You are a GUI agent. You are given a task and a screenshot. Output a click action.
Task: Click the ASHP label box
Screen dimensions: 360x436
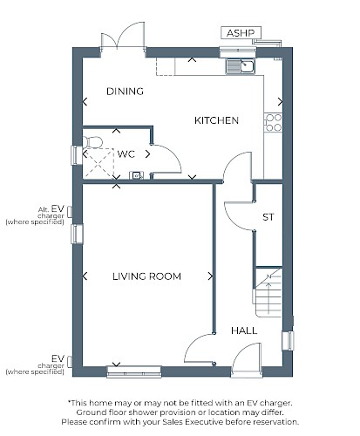tap(241, 33)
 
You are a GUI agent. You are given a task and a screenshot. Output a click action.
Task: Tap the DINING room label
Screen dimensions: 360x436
tap(125, 92)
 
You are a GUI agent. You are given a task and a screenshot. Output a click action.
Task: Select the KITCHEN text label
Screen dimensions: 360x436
tap(216, 120)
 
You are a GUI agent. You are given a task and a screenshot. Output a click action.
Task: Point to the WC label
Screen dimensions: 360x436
tap(126, 153)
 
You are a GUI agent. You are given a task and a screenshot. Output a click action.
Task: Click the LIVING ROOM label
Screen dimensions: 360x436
tap(146, 276)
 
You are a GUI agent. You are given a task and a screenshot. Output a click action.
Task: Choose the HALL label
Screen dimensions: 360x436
tap(244, 330)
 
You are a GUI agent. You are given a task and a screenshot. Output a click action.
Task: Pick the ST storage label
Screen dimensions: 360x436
tap(268, 217)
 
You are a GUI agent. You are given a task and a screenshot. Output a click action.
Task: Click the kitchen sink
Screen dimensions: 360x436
tap(240, 66)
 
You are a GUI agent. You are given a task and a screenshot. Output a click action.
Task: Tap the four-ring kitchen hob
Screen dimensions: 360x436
tap(273, 122)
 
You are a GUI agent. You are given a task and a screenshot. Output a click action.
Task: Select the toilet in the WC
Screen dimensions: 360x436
tap(92, 142)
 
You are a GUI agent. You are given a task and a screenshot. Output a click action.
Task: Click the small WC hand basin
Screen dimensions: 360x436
tap(136, 175)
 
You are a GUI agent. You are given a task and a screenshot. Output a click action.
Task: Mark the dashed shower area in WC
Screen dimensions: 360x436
tap(98, 163)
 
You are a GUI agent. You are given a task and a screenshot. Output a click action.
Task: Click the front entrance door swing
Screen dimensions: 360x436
tap(247, 360)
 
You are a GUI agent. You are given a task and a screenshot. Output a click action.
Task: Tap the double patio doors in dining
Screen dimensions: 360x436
tap(123, 37)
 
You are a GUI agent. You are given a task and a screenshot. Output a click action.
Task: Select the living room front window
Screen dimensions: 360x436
tap(134, 371)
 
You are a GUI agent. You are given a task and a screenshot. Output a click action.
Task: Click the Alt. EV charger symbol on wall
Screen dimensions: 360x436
tap(70, 212)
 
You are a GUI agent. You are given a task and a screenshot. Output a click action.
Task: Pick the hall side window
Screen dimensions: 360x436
tap(288, 341)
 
